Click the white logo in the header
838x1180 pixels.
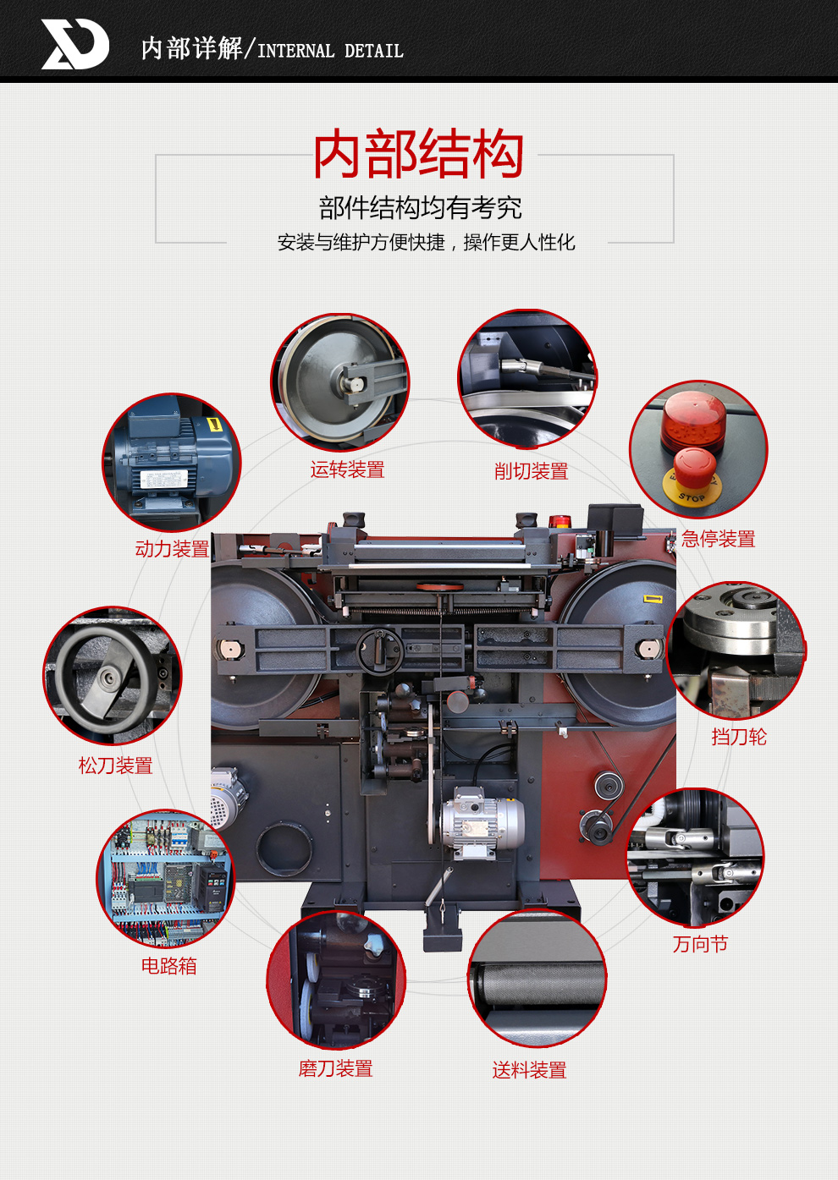pos(74,44)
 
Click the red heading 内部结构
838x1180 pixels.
pos(418,154)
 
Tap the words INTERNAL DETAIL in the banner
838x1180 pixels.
pos(330,51)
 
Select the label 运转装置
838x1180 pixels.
pos(347,469)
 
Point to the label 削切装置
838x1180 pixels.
pos(532,471)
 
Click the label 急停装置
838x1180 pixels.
pos(718,539)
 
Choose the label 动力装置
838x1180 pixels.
pos(173,549)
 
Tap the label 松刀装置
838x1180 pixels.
pos(115,766)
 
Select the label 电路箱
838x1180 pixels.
pos(169,966)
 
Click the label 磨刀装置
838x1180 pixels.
pos(336,1069)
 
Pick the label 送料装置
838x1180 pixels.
pos(529,1070)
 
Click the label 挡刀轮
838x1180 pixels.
pos(739,737)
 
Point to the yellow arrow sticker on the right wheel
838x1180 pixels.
pos(653,598)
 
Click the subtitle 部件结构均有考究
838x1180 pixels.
pos(420,207)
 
